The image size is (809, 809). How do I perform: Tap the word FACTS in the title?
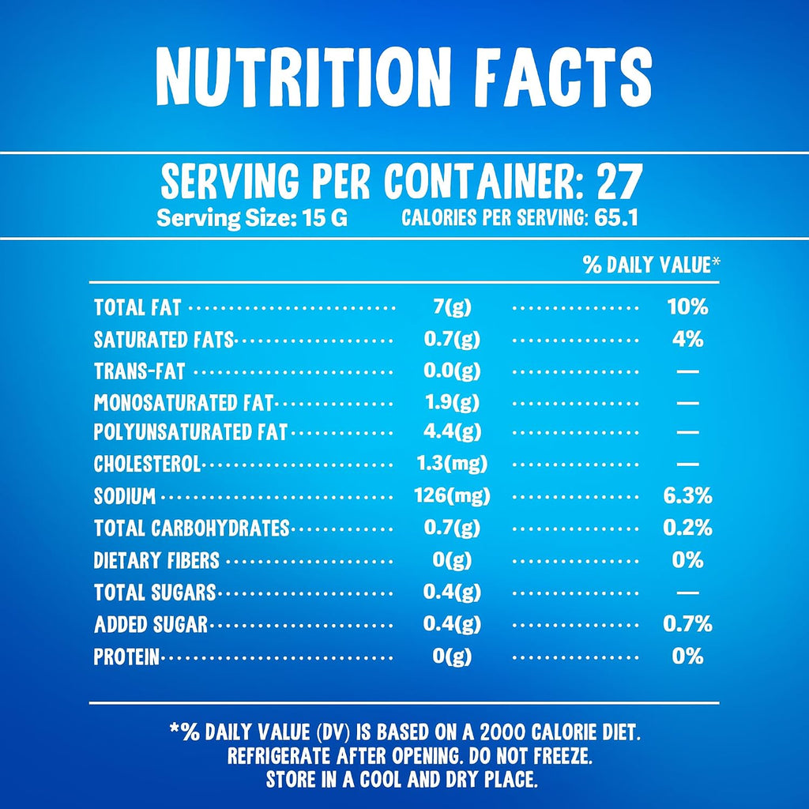[563, 77]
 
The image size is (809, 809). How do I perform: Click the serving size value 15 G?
[325, 218]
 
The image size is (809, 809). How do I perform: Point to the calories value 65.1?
[616, 217]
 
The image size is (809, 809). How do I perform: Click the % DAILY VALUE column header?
[652, 265]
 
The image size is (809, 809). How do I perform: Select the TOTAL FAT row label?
[137, 307]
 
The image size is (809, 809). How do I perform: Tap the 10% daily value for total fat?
[687, 307]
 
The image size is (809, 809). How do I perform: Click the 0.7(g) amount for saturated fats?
[452, 340]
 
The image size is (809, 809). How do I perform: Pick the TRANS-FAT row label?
[139, 371]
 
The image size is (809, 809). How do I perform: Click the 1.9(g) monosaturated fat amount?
[453, 402]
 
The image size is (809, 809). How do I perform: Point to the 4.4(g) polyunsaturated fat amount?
[452, 431]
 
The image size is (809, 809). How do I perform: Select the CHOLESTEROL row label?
[147, 464]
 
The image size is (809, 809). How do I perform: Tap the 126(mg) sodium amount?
[452, 496]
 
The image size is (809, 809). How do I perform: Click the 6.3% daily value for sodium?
[687, 496]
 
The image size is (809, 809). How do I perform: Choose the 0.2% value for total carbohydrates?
[687, 528]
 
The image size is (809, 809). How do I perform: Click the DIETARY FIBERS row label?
[156, 560]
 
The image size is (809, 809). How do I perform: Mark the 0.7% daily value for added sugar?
[687, 624]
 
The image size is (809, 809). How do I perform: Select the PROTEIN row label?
[127, 657]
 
